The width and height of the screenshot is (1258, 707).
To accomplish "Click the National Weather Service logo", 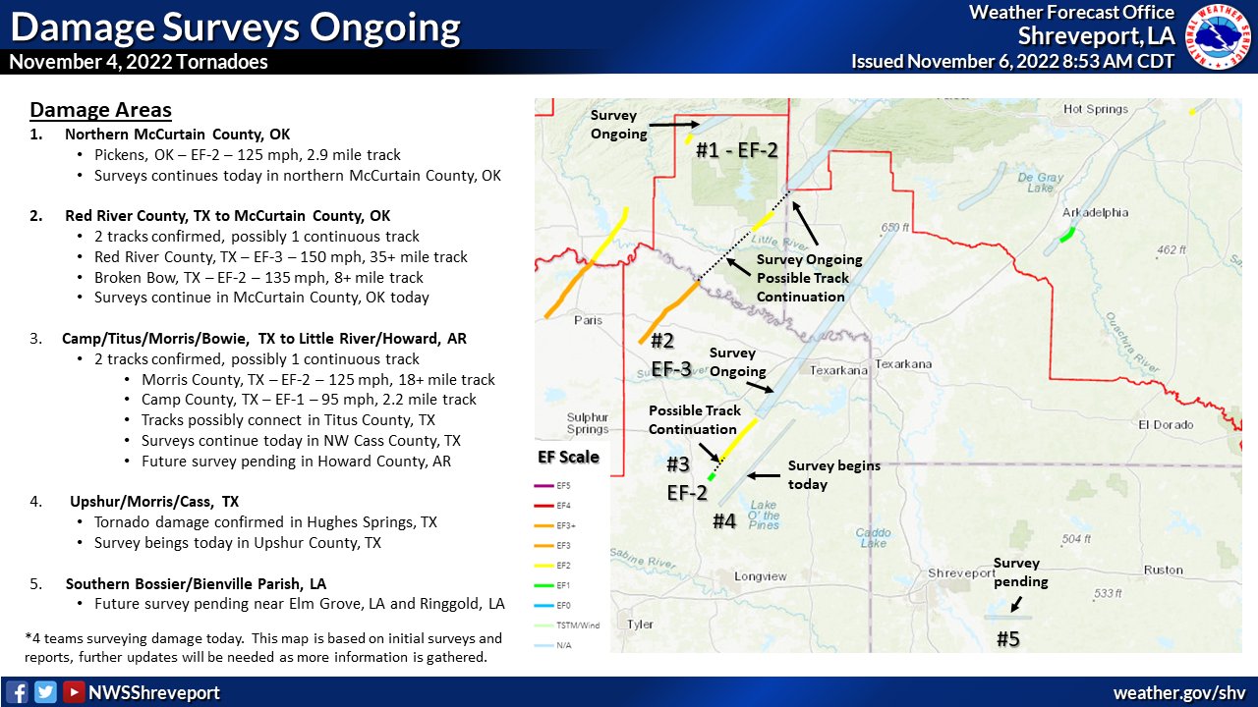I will pos(1218,36).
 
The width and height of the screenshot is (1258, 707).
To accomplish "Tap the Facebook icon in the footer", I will pos(17,691).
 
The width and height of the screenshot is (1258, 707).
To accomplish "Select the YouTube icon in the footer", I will pos(73,691).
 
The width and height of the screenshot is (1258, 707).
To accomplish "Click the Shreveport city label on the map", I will pos(962,572).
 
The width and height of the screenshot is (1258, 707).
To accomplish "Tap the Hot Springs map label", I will pos(1096,109).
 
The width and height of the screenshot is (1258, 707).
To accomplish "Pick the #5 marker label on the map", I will pos(1009,639).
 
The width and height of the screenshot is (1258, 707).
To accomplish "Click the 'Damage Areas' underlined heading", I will pos(100,110).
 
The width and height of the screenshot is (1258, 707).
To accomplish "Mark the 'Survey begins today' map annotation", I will pos(833,474).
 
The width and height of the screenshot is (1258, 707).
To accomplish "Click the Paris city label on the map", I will pos(587,319).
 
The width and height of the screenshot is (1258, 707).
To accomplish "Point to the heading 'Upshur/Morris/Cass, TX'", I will pos(154,501).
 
